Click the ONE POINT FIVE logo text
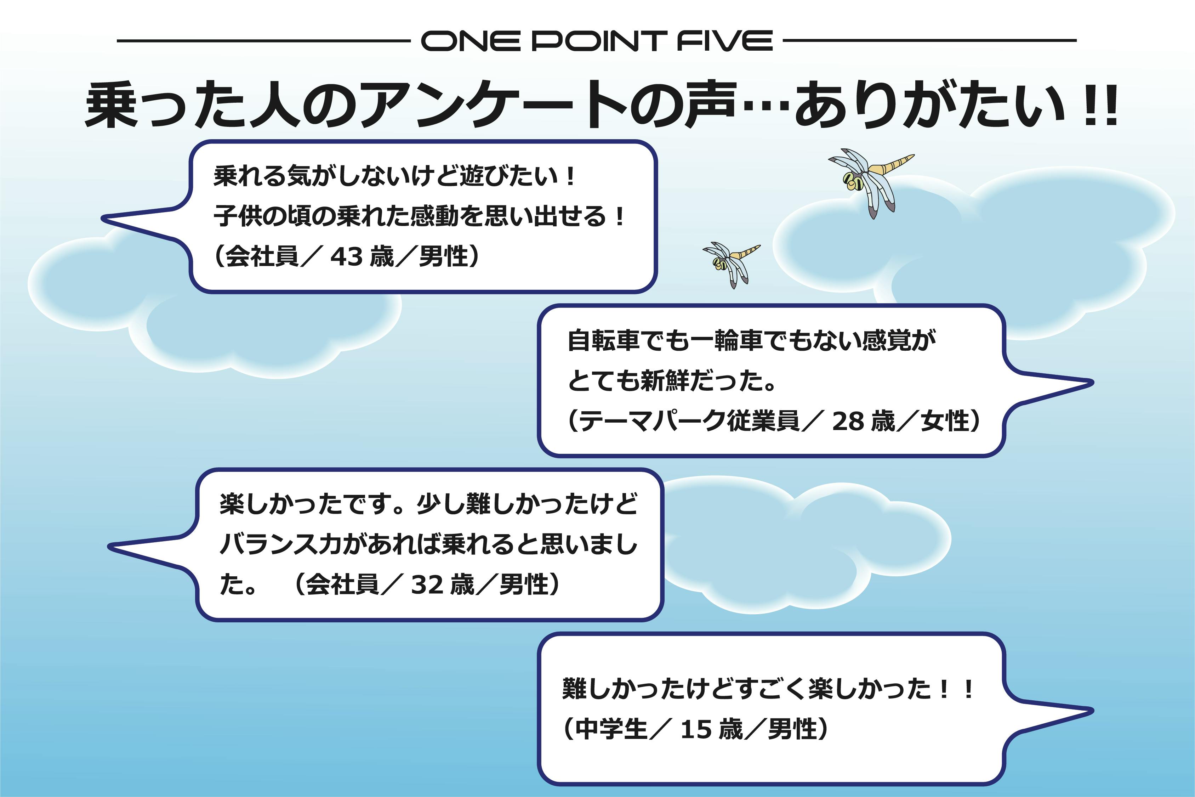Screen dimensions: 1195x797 click(x=597, y=41)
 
